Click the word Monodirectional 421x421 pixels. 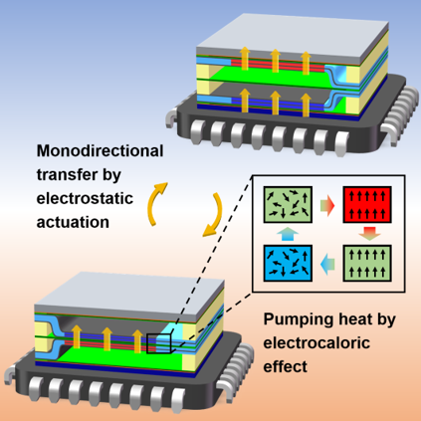[x=100, y=151]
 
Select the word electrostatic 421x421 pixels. [x=85, y=198]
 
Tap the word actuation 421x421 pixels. [x=73, y=222]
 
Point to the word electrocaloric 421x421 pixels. [x=316, y=342]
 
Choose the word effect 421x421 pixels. [x=286, y=366]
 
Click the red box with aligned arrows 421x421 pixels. [x=367, y=205]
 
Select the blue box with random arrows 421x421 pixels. [x=288, y=263]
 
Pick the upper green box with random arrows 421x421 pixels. [x=288, y=205]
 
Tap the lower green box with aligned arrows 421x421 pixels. [x=367, y=263]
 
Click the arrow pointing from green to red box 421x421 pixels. [x=327, y=206]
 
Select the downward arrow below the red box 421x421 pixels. [x=369, y=234]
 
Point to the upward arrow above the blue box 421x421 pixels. [x=288, y=234]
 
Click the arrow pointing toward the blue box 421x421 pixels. [x=327, y=265]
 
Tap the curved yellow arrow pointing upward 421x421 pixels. [x=155, y=203]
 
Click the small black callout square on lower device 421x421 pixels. [x=158, y=343]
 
